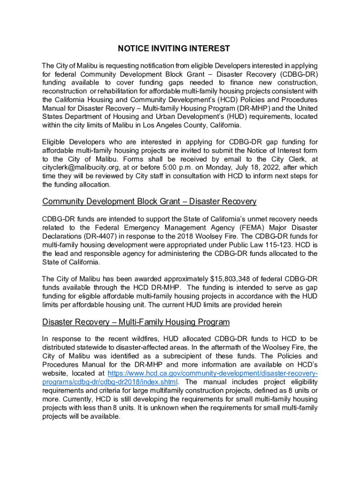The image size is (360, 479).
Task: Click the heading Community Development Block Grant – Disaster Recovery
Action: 149,202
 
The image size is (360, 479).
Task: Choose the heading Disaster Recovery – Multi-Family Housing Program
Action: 136,322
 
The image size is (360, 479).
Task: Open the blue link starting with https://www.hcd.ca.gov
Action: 213,374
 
